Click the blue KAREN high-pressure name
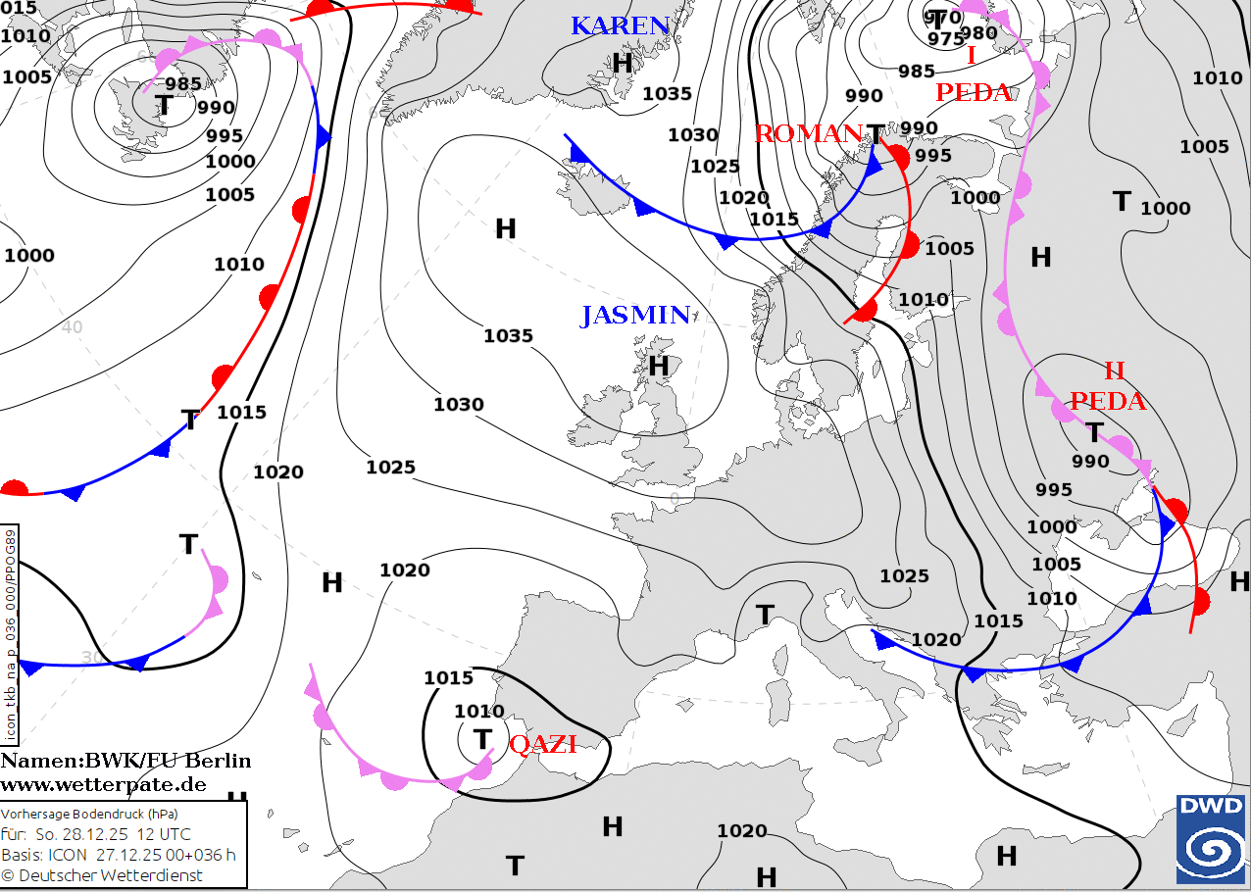tap(620, 26)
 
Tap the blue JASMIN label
tap(635, 316)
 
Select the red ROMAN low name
tap(806, 134)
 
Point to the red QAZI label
tap(542, 744)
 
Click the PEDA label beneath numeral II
tap(1107, 401)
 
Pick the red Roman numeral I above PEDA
tap(971, 57)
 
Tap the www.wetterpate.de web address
tap(103, 784)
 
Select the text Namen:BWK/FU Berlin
tap(125, 762)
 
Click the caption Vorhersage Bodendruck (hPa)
tap(90, 815)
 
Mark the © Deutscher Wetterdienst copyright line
tap(102, 874)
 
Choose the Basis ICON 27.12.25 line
tap(118, 854)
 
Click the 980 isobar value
tap(978, 33)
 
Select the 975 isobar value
tap(946, 39)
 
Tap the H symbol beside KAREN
tap(623, 64)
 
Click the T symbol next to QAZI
tap(481, 738)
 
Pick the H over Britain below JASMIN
tap(659, 367)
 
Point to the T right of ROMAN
tap(875, 132)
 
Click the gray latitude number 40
tap(72, 327)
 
